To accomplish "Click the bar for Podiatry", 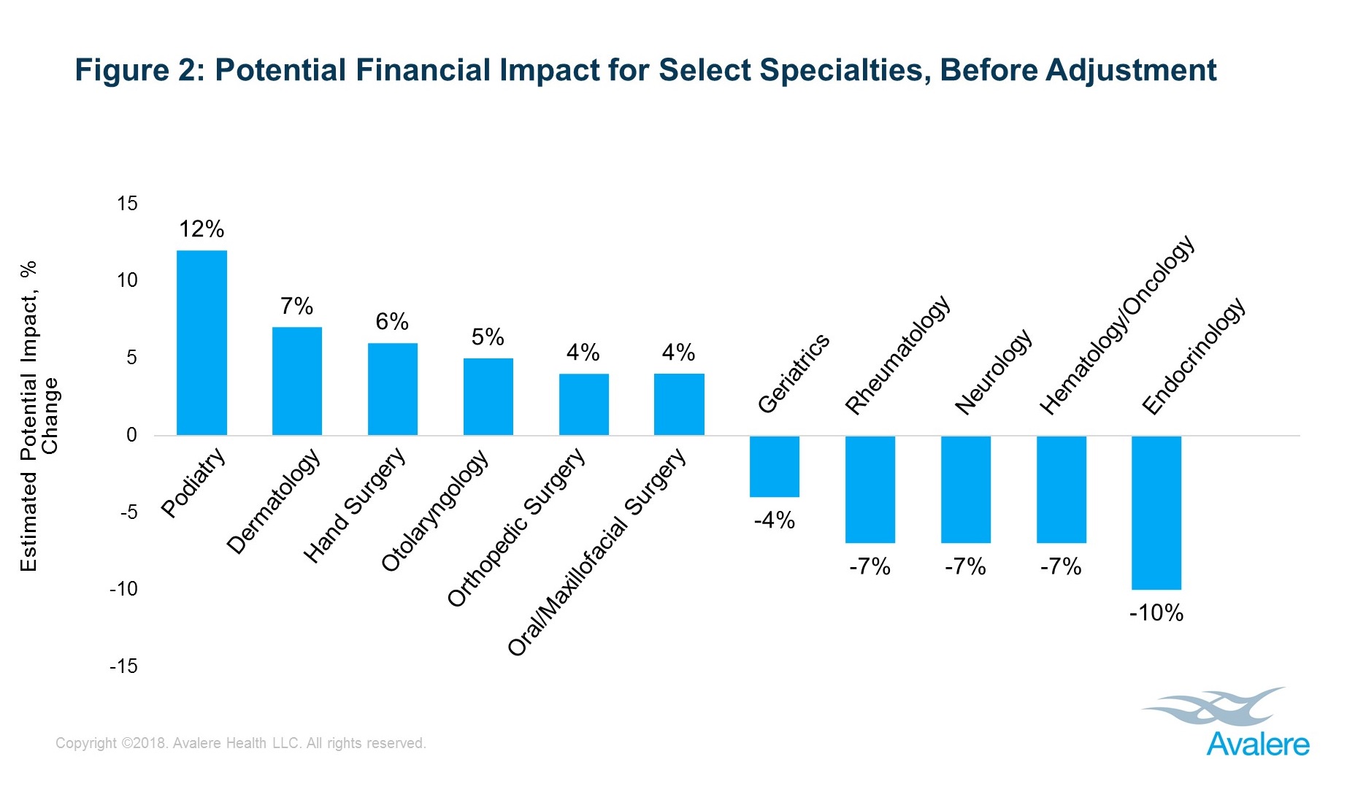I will pyautogui.click(x=202, y=343).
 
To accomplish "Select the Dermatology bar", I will pyautogui.click(x=297, y=381).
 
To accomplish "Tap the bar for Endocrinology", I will pyautogui.click(x=1156, y=512).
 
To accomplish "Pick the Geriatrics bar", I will pyautogui.click(x=775, y=466).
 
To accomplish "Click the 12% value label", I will pyautogui.click(x=202, y=229).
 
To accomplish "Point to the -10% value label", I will pyautogui.click(x=1156, y=612).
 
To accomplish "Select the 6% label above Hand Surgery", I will pyautogui.click(x=392, y=321).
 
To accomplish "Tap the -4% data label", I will pyautogui.click(x=775, y=520).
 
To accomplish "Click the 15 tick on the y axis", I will pyautogui.click(x=127, y=204).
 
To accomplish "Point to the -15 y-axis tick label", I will pyautogui.click(x=123, y=666).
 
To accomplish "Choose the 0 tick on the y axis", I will pyautogui.click(x=131, y=435).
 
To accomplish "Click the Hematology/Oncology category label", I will pyautogui.click(x=1117, y=325).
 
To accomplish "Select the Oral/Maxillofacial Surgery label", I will pyautogui.click(x=597, y=552).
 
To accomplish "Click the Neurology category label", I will pyautogui.click(x=994, y=372).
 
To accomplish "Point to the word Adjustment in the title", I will pyautogui.click(x=1131, y=70).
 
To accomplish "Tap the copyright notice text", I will pyautogui.click(x=241, y=743).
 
